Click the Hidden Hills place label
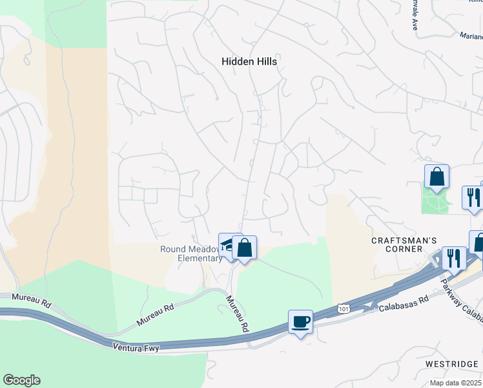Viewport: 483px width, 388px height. [249, 61]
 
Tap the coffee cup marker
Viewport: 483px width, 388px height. [301, 321]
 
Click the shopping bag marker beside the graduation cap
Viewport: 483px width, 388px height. [245, 247]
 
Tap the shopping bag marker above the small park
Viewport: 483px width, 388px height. [437, 176]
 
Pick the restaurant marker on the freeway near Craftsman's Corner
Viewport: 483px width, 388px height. [454, 258]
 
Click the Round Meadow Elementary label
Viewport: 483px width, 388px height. [191, 254]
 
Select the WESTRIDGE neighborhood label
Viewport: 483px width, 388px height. [451, 364]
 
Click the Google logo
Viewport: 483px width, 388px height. [21, 380]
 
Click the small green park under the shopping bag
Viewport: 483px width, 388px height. [437, 201]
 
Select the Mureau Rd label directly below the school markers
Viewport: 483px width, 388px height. [236, 314]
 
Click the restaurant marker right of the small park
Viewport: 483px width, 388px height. [473, 197]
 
